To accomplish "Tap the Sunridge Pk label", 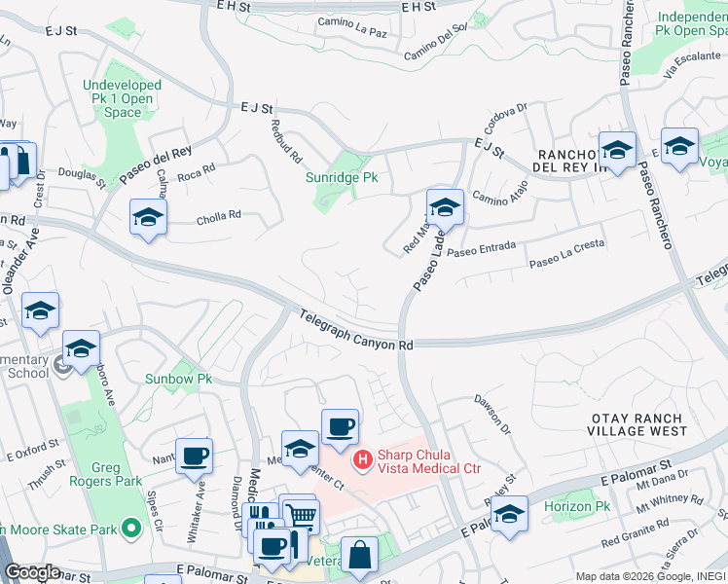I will point(342,178).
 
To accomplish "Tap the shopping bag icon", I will point(359,556).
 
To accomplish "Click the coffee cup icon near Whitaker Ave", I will point(195,456).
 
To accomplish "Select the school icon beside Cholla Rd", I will point(148,217).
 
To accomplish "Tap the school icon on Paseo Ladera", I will point(445,207).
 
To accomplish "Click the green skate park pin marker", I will point(137,529).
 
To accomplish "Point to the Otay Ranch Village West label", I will point(638,424).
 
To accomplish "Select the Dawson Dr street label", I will point(491,413).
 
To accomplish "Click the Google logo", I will point(31,572).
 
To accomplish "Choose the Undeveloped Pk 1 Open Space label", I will point(123,99).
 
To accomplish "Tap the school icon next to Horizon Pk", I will point(509,515).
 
